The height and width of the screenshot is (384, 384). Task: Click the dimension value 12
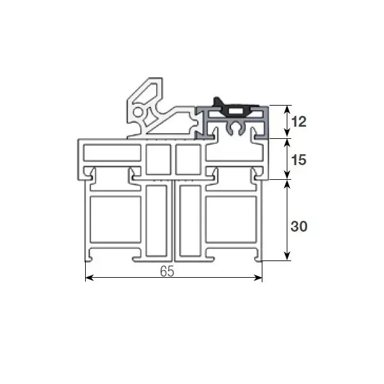click(x=299, y=122)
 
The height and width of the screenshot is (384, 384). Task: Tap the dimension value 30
click(x=299, y=226)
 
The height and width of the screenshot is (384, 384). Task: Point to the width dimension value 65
click(x=167, y=271)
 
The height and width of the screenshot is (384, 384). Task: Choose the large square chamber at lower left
click(x=116, y=219)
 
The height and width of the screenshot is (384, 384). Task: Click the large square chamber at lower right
click(x=232, y=219)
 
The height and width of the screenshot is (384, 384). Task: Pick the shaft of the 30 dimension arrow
click(x=287, y=211)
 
